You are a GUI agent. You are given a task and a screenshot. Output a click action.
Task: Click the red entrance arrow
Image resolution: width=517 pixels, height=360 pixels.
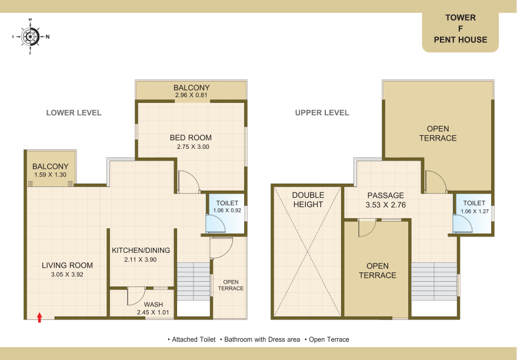39,318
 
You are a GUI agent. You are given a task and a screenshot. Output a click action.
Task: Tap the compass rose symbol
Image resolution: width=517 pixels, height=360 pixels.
31,36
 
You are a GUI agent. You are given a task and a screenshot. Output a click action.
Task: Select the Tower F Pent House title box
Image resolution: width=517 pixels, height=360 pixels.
461,32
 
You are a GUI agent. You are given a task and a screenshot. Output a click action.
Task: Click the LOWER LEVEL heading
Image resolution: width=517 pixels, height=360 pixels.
74,113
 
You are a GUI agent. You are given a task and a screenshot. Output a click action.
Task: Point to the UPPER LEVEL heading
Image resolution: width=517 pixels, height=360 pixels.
322,113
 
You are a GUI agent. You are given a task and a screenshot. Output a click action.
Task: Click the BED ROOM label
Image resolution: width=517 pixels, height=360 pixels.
191,138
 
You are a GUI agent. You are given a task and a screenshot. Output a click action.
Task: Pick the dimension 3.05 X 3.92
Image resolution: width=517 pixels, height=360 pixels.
67,274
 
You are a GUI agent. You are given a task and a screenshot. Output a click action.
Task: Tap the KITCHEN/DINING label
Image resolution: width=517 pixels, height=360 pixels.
141,250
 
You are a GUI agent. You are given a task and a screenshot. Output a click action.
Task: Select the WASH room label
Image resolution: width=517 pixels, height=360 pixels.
154,305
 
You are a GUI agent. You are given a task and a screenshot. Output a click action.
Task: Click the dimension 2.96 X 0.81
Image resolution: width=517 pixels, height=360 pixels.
191,95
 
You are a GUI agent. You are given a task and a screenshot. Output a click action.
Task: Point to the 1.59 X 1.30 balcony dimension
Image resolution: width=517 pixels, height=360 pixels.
50,175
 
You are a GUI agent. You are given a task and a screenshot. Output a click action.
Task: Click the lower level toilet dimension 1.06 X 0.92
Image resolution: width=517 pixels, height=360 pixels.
227,211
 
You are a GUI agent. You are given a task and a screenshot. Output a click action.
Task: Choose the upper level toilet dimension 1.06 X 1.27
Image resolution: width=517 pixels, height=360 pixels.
475,211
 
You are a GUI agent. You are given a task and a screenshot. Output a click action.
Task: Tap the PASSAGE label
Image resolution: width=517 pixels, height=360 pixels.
385,195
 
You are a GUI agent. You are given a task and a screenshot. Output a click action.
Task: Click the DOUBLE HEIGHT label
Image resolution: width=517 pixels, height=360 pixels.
308,200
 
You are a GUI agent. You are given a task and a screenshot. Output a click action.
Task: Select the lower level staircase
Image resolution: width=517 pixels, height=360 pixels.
194,281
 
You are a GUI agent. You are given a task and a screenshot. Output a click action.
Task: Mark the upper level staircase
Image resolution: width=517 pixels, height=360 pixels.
434,282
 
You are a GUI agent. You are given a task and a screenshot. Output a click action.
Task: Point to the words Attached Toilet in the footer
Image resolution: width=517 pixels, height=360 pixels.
194,339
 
